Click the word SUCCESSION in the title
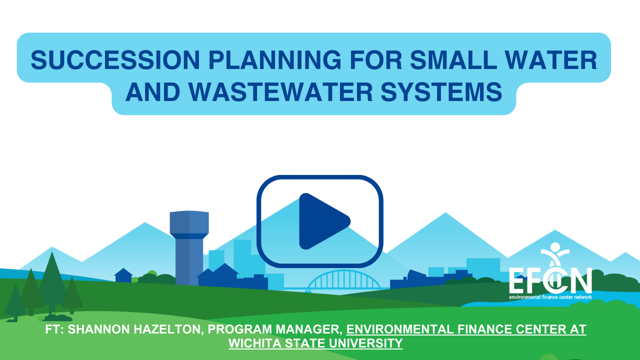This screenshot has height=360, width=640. pos(115,60)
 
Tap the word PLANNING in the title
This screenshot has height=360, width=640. pos(275,60)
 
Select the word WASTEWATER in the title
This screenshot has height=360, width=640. pos(280,91)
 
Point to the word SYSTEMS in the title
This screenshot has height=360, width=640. pos(441,91)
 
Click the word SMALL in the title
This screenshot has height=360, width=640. pos(453,60)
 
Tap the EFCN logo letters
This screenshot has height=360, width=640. pos(550,280)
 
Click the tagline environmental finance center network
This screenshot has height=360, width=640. pos(550,297)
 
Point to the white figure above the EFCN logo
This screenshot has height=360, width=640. pos(555,255)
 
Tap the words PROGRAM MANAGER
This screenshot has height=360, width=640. pos(275,329)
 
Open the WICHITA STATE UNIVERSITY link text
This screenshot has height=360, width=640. pos(315,343)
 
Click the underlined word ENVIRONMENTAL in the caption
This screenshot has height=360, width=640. pos(400,329)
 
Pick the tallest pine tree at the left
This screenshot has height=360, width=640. pos(52,283)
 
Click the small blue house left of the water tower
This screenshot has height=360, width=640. pos(123,275)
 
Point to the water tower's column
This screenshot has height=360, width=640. pos(189,261)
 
